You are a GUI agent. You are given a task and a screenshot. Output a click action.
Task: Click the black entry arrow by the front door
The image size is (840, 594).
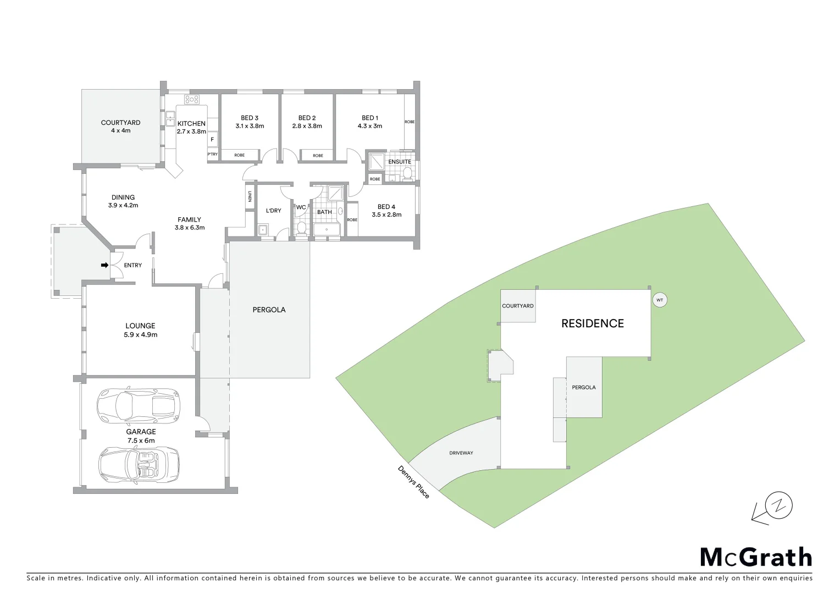[x=104, y=265]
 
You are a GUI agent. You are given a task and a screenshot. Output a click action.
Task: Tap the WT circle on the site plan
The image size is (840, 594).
[x=660, y=300]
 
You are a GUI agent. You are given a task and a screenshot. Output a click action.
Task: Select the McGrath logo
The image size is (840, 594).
[x=756, y=557]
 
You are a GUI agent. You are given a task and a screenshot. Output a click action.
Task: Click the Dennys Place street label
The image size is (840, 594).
[x=413, y=482]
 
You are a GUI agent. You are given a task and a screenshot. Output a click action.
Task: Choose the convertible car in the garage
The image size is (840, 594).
[x=139, y=464]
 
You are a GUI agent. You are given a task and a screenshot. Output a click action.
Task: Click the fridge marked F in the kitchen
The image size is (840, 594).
[x=212, y=140]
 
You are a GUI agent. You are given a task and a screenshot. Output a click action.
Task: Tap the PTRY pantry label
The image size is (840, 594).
[x=212, y=155]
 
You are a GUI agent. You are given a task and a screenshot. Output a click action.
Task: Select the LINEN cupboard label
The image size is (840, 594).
[x=250, y=196]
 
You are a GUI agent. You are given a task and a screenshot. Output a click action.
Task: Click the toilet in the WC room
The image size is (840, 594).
[x=301, y=228]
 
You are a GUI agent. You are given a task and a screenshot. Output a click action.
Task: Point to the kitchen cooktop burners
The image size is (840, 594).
[x=191, y=100]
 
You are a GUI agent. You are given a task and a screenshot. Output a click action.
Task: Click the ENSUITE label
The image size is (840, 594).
[x=400, y=162]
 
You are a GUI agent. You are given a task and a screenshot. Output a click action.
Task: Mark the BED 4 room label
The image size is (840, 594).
[x=386, y=207]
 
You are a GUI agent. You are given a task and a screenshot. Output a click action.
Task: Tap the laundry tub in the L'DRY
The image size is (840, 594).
[x=263, y=229]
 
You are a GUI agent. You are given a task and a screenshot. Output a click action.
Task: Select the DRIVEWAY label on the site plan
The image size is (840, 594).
[x=461, y=453]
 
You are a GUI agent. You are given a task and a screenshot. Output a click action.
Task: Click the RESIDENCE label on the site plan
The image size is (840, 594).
[x=592, y=323]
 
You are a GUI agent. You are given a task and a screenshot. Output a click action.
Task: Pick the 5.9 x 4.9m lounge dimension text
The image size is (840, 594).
[x=141, y=334]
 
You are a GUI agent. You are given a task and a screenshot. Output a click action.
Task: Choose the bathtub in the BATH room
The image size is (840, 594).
[x=327, y=229]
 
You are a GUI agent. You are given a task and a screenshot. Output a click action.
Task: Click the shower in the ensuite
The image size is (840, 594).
[x=377, y=161]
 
